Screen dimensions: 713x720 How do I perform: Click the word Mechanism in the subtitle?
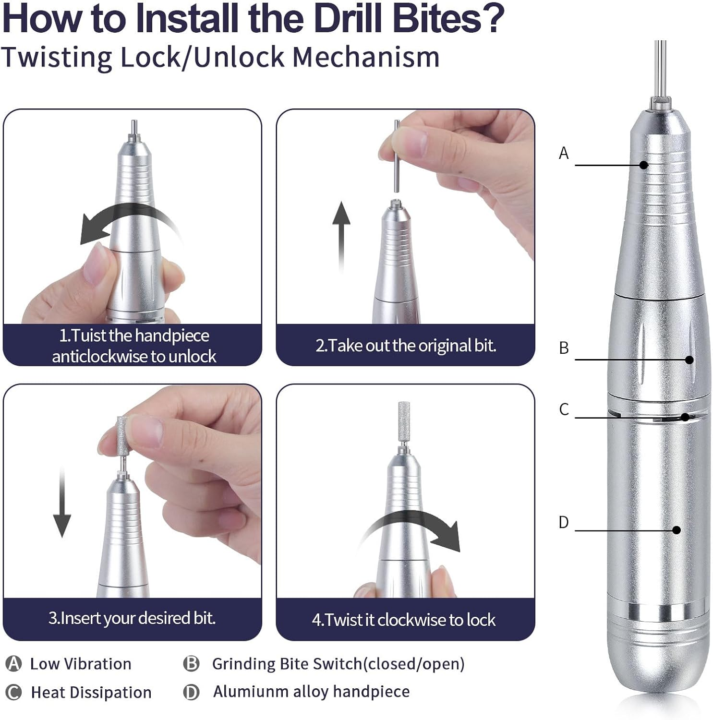coord(366,57)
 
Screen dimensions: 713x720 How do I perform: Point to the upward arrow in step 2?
coord(341,238)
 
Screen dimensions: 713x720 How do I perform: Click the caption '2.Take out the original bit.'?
coord(406,346)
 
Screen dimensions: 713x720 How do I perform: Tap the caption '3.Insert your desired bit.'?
coord(132,618)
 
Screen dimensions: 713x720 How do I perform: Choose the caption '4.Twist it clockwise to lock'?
coord(404,620)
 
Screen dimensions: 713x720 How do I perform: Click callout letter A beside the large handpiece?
coord(564,153)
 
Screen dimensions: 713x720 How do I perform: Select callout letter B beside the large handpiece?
coord(564,348)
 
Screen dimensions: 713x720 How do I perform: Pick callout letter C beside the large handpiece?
coord(564,409)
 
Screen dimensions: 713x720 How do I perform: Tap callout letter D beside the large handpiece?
coord(564,522)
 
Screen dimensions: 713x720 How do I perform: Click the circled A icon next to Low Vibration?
coord(13,664)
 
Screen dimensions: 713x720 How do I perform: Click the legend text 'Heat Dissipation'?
coord(91,693)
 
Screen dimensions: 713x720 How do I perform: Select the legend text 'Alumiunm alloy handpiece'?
coord(312,692)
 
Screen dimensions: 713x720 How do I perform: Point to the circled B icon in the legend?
coord(191,664)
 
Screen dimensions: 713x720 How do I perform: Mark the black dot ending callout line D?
coord(677,530)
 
